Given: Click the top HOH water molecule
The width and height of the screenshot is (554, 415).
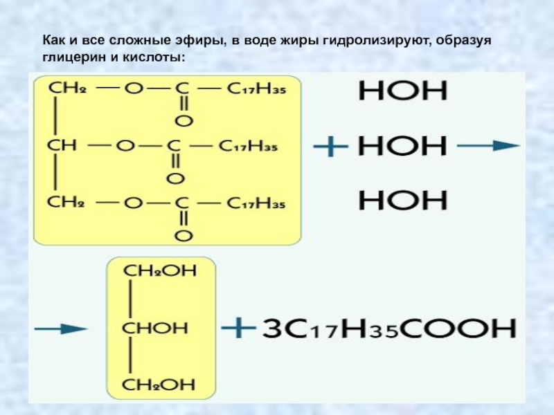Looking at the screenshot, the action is [x=402, y=92].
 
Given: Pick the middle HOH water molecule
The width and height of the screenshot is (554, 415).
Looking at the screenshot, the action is [x=402, y=147].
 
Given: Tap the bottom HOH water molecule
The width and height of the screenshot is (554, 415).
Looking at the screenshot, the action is [x=402, y=201].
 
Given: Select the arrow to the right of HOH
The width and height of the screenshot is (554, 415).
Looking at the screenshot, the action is [x=488, y=147].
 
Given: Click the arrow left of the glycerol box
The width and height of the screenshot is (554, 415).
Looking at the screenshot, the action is [x=60, y=328].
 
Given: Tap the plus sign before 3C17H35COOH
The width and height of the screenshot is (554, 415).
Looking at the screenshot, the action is [x=238, y=327].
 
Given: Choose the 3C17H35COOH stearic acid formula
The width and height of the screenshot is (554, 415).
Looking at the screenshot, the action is [x=389, y=328].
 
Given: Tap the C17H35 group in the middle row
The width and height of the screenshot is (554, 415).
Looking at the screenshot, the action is [x=248, y=147].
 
